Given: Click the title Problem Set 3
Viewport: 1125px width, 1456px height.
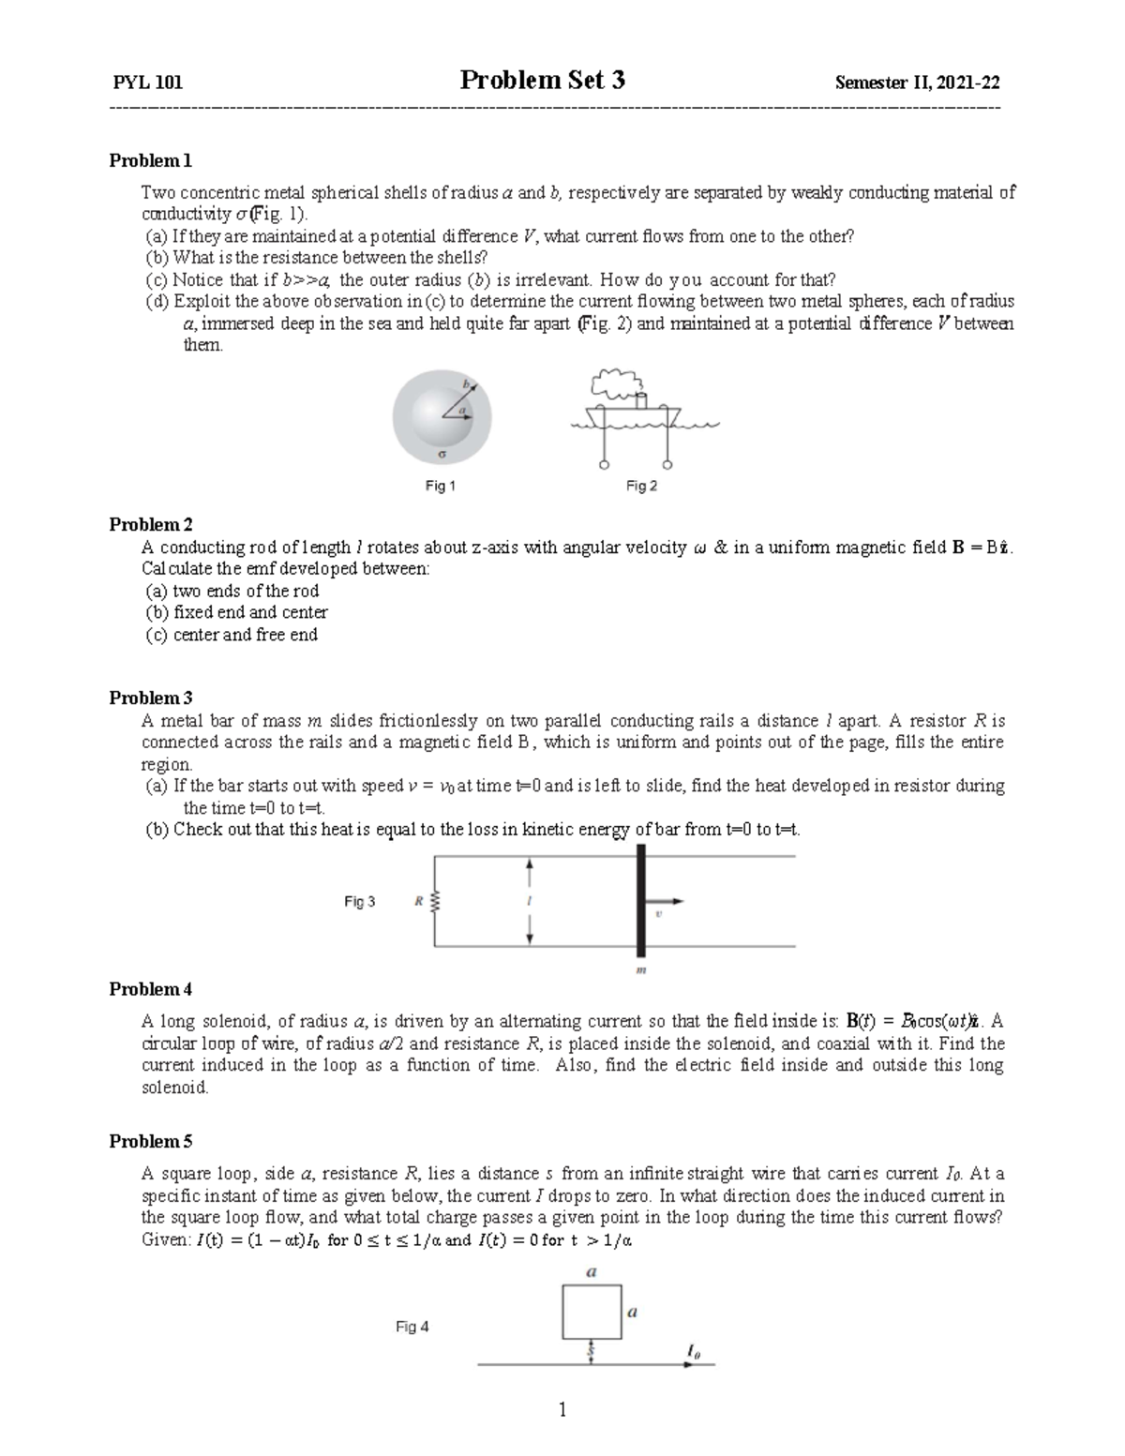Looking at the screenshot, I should tap(542, 81).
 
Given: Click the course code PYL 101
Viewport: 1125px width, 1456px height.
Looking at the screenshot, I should tap(147, 83).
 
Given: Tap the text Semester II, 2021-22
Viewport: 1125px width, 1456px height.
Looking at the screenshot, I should tap(917, 83).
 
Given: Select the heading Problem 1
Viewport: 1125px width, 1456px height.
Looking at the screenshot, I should tap(150, 160).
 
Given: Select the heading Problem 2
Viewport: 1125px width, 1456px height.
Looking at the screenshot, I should tap(150, 524).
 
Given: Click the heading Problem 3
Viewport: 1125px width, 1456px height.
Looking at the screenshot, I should tap(150, 698).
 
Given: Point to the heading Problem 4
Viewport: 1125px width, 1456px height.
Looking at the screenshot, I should tap(150, 989).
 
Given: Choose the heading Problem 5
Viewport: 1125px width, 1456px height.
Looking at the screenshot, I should tap(150, 1141).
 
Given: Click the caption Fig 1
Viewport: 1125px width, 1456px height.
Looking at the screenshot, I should tap(440, 486).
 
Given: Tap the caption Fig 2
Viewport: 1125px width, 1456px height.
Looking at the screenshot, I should tap(641, 486).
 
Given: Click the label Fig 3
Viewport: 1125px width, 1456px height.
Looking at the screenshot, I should tap(359, 902).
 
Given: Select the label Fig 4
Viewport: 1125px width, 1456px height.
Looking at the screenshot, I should tap(412, 1327).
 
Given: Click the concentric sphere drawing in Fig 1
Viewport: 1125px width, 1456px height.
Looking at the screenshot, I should tap(442, 415).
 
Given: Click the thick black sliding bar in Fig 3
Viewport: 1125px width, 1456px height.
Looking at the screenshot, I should tap(641, 900).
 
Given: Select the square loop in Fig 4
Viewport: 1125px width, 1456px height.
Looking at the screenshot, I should tap(592, 1312).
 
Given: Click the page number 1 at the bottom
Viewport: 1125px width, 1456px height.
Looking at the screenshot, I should tap(562, 1410).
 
